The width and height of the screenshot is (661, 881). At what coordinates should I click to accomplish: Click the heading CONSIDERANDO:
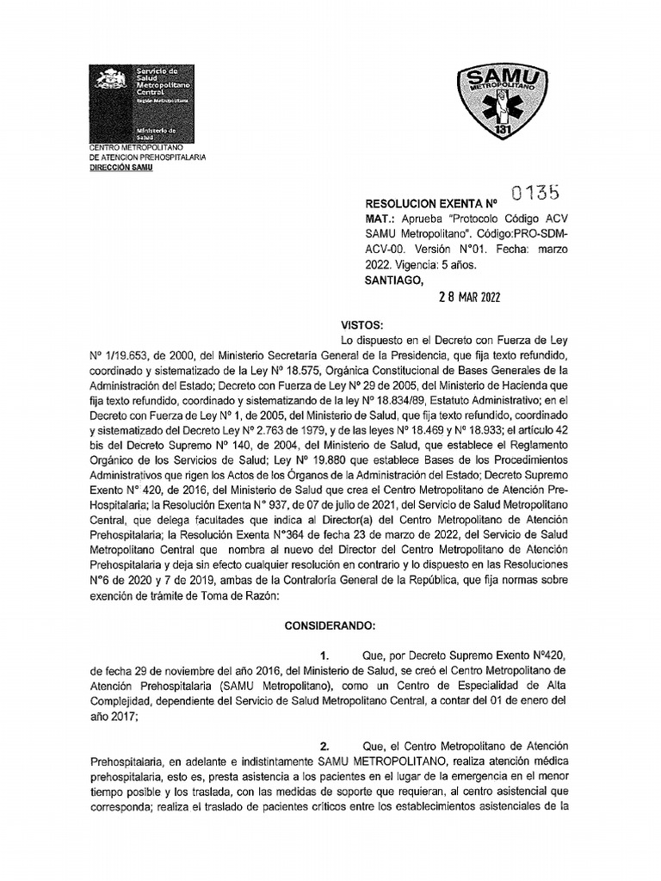(330, 624)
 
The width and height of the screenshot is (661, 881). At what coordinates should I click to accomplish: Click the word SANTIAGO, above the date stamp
(395, 279)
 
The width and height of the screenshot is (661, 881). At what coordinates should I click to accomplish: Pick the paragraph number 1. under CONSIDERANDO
(324, 656)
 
